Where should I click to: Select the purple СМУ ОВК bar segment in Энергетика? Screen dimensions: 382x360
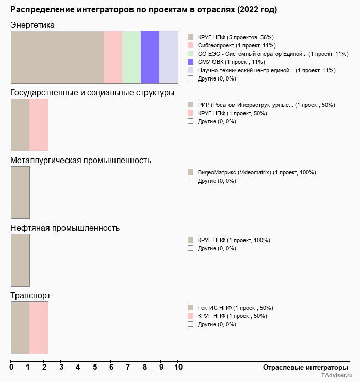pyautogui.click(x=150, y=57)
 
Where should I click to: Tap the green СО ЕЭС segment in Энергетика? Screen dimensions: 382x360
pyautogui.click(x=132, y=57)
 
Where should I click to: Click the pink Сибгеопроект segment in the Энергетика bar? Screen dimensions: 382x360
pyautogui.click(x=113, y=57)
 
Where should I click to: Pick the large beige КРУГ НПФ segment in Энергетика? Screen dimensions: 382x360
pyautogui.click(x=57, y=57)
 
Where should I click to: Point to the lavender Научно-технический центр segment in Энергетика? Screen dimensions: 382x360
pyautogui.click(x=169, y=57)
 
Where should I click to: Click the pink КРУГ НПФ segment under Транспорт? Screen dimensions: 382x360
pyautogui.click(x=39, y=327)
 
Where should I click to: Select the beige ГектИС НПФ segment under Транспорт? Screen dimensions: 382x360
pyautogui.click(x=20, y=327)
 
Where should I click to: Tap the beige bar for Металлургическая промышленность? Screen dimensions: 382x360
pyautogui.click(x=20, y=192)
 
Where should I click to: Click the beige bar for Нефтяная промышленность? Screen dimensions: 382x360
pyautogui.click(x=20, y=260)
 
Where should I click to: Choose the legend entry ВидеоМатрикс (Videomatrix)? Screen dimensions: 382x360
pyautogui.click(x=256, y=173)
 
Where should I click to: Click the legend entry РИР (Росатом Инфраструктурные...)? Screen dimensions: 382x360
pyautogui.click(x=266, y=105)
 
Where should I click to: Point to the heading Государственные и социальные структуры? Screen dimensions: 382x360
pyautogui.click(x=92, y=93)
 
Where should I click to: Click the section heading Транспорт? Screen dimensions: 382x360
pyautogui.click(x=30, y=296)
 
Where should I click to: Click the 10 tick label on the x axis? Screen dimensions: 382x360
pyautogui.click(x=178, y=368)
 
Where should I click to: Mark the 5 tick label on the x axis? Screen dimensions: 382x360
pyautogui.click(x=95, y=368)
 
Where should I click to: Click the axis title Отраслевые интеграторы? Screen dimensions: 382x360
pyautogui.click(x=302, y=368)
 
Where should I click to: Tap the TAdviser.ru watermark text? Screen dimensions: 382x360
pyautogui.click(x=337, y=376)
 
